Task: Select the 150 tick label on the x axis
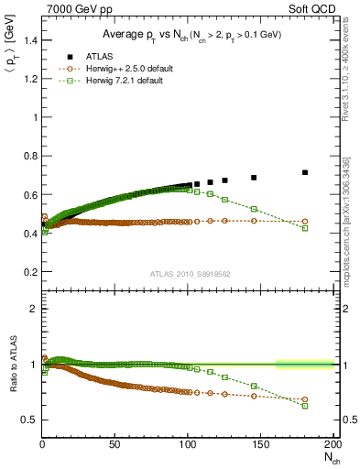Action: (x=260, y=445)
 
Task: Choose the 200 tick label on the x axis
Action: (x=332, y=445)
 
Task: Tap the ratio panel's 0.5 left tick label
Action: (x=29, y=420)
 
